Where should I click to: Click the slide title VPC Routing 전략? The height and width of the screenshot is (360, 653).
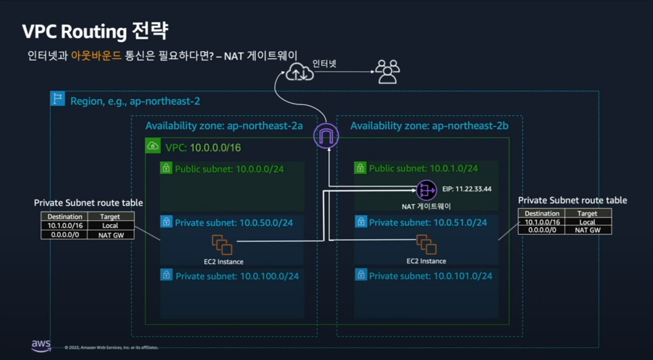click(95, 31)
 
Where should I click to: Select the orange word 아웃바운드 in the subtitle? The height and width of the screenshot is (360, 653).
click(96, 56)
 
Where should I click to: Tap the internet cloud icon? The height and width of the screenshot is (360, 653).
click(299, 72)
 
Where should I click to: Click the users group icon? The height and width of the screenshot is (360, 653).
click(387, 72)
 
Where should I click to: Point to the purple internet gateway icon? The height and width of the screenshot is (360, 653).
click(326, 136)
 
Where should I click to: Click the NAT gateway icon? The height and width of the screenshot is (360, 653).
click(426, 191)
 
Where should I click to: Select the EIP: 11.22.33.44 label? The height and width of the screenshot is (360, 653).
click(466, 189)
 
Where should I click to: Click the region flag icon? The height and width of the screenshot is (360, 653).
click(57, 98)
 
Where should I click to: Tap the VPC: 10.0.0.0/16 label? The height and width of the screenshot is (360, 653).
click(202, 148)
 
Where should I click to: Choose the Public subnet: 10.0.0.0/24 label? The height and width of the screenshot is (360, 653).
click(229, 169)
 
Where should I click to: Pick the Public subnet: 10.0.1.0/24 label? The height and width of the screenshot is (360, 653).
click(423, 168)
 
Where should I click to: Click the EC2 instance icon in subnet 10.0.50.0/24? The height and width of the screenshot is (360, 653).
click(222, 245)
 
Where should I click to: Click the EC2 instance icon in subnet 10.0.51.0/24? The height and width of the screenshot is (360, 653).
click(426, 244)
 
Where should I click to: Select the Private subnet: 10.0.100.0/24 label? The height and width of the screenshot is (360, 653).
click(237, 276)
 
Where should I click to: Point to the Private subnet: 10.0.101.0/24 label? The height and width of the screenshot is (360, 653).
click(431, 276)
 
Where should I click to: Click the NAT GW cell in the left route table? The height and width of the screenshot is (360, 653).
click(110, 234)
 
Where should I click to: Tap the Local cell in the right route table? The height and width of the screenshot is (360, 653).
click(587, 222)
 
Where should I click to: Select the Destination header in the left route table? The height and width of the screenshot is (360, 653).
click(65, 217)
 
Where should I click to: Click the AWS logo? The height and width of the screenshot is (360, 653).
click(41, 345)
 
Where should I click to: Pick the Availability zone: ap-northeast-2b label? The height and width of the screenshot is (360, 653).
click(429, 126)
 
